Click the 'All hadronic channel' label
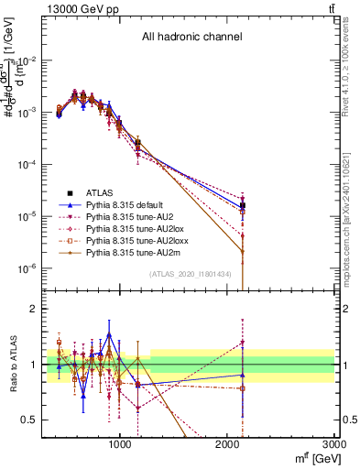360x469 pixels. click(x=191, y=38)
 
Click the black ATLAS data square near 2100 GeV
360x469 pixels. click(x=242, y=204)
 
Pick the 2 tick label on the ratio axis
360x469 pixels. click(x=32, y=310)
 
